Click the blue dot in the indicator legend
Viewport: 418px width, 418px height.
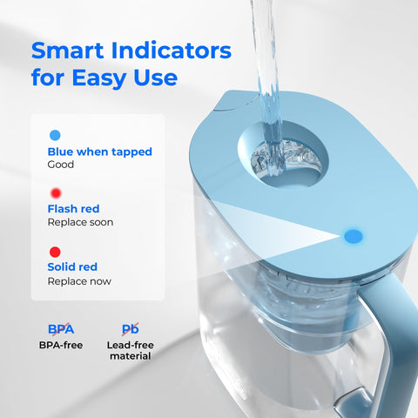tap(56, 135)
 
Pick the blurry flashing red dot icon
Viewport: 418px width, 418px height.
tap(56, 192)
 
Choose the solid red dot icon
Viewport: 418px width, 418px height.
tap(56, 252)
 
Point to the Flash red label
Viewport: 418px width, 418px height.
tap(73, 209)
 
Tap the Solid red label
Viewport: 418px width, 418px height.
tap(72, 266)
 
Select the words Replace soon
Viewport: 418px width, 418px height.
tap(80, 223)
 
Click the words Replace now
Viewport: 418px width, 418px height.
tap(79, 281)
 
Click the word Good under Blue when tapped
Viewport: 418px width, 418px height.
tap(60, 165)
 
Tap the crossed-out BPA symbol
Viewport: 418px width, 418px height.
tap(60, 329)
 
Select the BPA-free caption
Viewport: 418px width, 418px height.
tap(61, 346)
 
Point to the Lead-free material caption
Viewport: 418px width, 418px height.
tap(131, 351)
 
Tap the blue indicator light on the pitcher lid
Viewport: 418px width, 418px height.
tap(354, 235)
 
